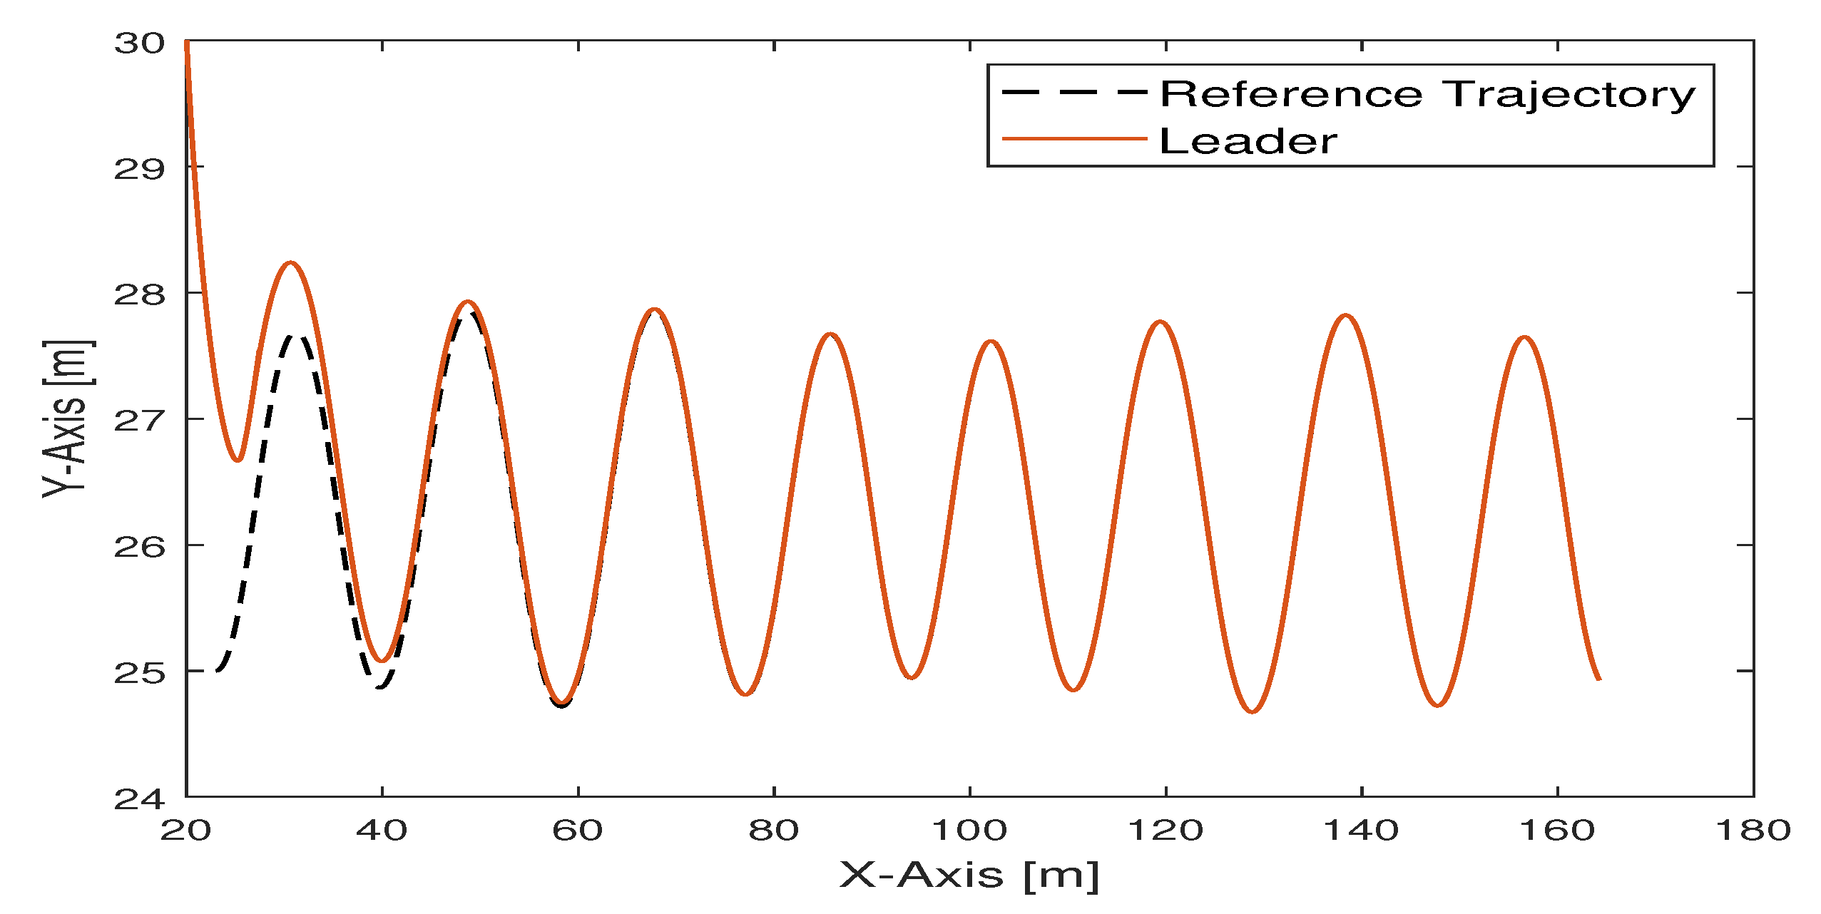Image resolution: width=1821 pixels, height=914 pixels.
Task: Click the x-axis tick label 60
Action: (x=577, y=831)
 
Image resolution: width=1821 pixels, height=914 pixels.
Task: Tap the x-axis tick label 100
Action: (x=969, y=831)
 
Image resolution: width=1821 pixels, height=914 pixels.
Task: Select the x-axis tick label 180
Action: (x=1753, y=831)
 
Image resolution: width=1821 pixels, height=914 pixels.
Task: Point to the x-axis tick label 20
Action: (x=185, y=831)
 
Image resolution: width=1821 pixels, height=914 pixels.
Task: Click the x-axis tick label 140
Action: (x=1361, y=831)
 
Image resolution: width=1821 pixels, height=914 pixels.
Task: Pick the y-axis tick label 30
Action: (x=139, y=43)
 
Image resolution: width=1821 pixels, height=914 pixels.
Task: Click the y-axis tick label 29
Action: (x=139, y=170)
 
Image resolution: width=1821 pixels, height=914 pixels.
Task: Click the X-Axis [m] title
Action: (x=969, y=875)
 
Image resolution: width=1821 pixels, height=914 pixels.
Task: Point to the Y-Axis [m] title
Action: (x=66, y=419)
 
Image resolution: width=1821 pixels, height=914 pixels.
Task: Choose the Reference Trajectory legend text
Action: (x=1427, y=95)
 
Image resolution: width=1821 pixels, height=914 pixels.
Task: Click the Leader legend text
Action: (x=1248, y=141)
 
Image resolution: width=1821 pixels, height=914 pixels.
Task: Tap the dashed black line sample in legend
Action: (x=1074, y=93)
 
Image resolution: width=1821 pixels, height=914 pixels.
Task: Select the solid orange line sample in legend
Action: (x=1074, y=138)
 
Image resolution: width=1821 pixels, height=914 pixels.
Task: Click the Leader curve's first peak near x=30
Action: (x=290, y=263)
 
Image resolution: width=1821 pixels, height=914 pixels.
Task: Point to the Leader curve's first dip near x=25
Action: (x=238, y=460)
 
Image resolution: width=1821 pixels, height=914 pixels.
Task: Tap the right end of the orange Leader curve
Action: (x=1600, y=679)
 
